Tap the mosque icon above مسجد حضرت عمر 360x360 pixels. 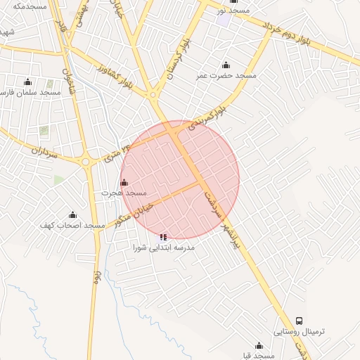pos(225,65)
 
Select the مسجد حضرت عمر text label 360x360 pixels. pos(236,75)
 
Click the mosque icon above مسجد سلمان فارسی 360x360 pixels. pos(27,82)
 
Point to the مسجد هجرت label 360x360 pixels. pos(124,192)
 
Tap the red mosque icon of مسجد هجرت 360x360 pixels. pos(124,182)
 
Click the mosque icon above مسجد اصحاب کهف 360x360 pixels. pos(72,215)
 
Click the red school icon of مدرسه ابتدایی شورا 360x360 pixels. pos(164,238)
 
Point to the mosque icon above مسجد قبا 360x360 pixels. pos(259,345)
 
